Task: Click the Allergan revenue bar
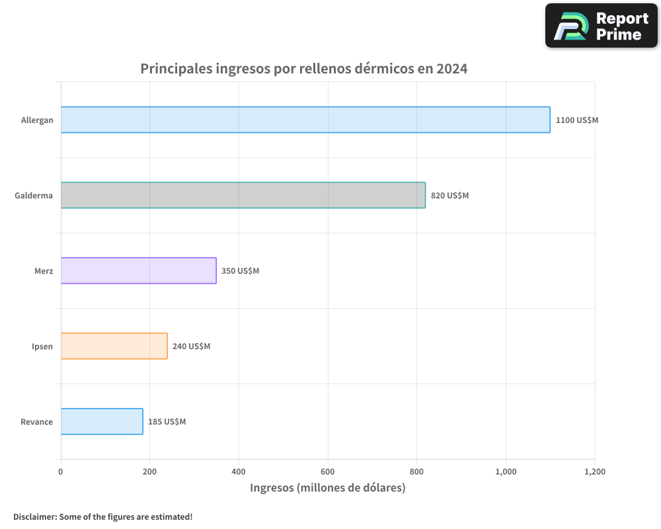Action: (x=305, y=120)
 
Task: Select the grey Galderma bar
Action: (x=243, y=195)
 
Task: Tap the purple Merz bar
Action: (x=139, y=270)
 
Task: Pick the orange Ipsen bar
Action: (x=114, y=346)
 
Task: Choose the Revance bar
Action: (x=102, y=421)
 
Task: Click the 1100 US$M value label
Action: (x=576, y=120)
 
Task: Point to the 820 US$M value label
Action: (x=449, y=196)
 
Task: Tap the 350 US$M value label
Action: (x=240, y=271)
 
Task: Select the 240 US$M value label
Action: (x=191, y=346)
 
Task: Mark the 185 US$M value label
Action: (x=167, y=422)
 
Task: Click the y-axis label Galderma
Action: (x=34, y=196)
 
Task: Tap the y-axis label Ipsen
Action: (x=42, y=346)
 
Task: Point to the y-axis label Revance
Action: (x=36, y=422)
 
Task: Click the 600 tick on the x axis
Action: (x=328, y=471)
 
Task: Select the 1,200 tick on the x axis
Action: (x=594, y=471)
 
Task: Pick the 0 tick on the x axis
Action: (x=61, y=471)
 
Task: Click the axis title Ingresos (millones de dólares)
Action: (x=327, y=488)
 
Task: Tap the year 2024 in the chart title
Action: (x=452, y=69)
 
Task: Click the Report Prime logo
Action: (x=602, y=26)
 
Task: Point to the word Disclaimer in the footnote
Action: (x=34, y=516)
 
